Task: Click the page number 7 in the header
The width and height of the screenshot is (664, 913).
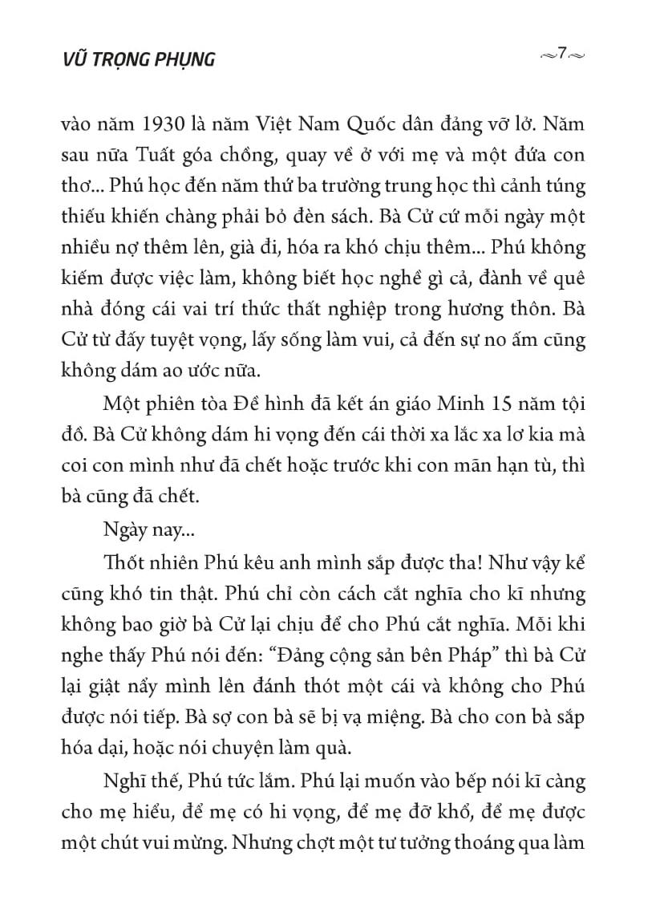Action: (563, 54)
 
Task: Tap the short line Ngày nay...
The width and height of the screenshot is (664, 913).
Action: (134, 529)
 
